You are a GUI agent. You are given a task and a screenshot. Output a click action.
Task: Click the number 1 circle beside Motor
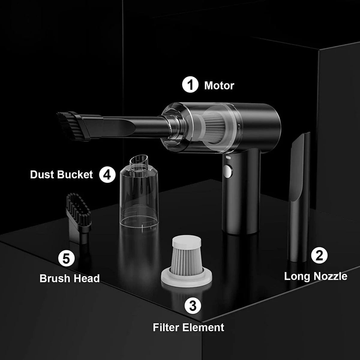point(190,85)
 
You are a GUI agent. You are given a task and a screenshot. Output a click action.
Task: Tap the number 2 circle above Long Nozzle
point(319,255)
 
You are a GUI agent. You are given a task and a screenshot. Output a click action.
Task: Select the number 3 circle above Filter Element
point(193,306)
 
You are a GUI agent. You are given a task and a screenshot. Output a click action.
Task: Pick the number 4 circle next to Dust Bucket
point(107,175)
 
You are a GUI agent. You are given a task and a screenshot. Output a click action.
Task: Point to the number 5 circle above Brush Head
point(66,258)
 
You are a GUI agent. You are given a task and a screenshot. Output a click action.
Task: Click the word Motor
point(219,85)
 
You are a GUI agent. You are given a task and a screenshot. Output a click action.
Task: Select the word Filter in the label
point(168,327)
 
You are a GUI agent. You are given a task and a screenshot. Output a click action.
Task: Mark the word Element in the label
point(205,327)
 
